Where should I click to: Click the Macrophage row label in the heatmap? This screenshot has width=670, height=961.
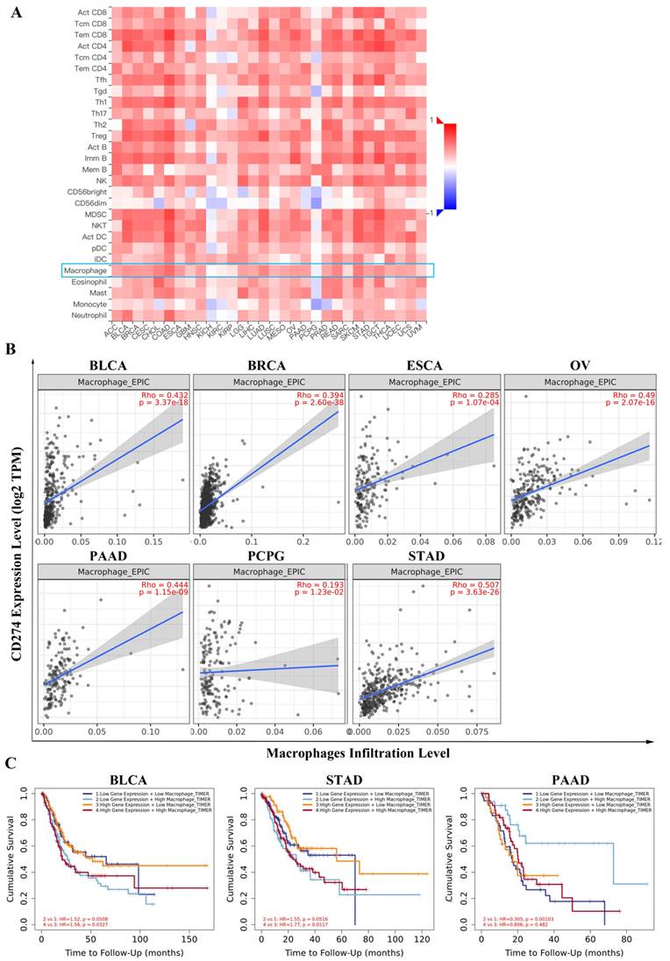87,272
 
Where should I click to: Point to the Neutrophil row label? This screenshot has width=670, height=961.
87,315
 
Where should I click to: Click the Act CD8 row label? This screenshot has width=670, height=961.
91,11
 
